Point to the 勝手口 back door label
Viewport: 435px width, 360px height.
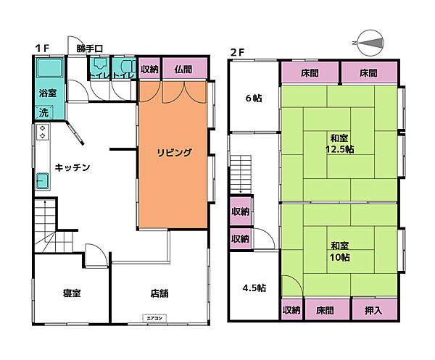[90, 49]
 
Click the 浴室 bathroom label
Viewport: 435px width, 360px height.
[47, 93]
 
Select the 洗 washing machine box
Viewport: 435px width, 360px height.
[43, 113]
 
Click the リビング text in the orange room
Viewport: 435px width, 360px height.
[175, 152]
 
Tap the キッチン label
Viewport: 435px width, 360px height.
[72, 167]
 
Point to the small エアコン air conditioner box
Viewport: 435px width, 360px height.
[155, 317]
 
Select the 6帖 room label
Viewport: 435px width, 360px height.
[253, 99]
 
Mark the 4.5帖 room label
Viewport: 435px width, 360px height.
[254, 288]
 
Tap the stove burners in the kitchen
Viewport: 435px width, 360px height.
[42, 132]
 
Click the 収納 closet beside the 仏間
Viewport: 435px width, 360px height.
[149, 70]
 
